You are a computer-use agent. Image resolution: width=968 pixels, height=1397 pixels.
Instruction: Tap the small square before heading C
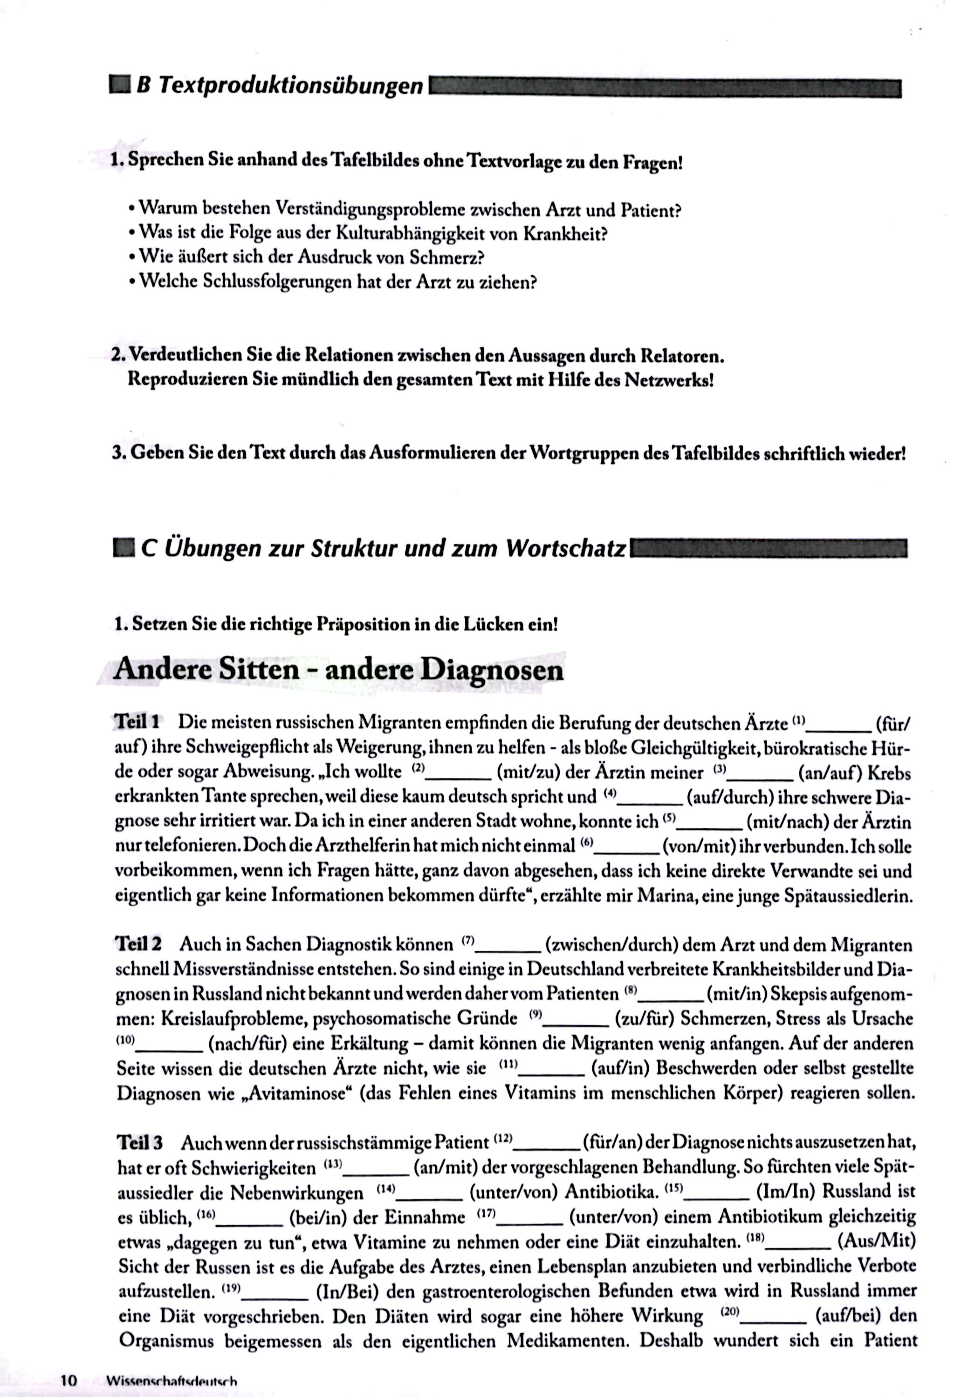pos(124,548)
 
